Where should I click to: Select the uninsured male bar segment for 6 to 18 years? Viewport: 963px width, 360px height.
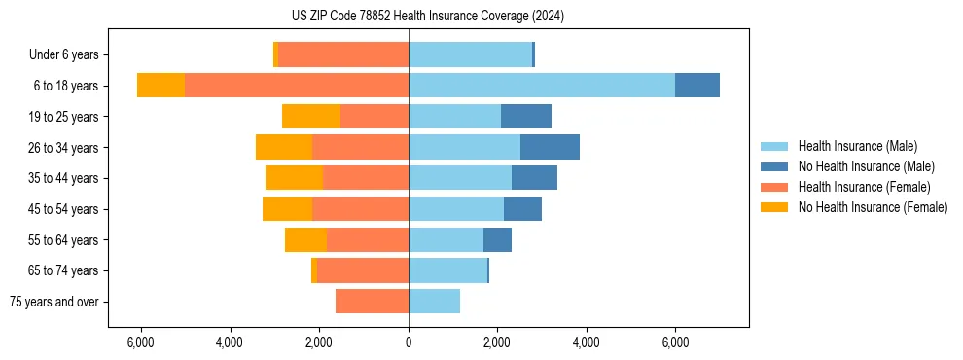[697, 86]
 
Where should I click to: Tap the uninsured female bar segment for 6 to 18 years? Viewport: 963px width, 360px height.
[160, 86]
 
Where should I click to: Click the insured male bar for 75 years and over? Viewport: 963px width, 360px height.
[434, 302]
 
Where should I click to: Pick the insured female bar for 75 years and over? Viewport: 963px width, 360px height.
[372, 302]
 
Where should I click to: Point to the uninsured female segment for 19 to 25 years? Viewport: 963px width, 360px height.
[311, 117]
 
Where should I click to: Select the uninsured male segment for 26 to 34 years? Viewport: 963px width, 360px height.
[550, 148]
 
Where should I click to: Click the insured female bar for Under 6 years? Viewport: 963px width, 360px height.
[343, 54]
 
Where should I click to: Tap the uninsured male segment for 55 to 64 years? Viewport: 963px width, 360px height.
[497, 239]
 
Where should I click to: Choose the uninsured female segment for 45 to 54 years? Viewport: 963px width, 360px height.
[287, 209]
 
